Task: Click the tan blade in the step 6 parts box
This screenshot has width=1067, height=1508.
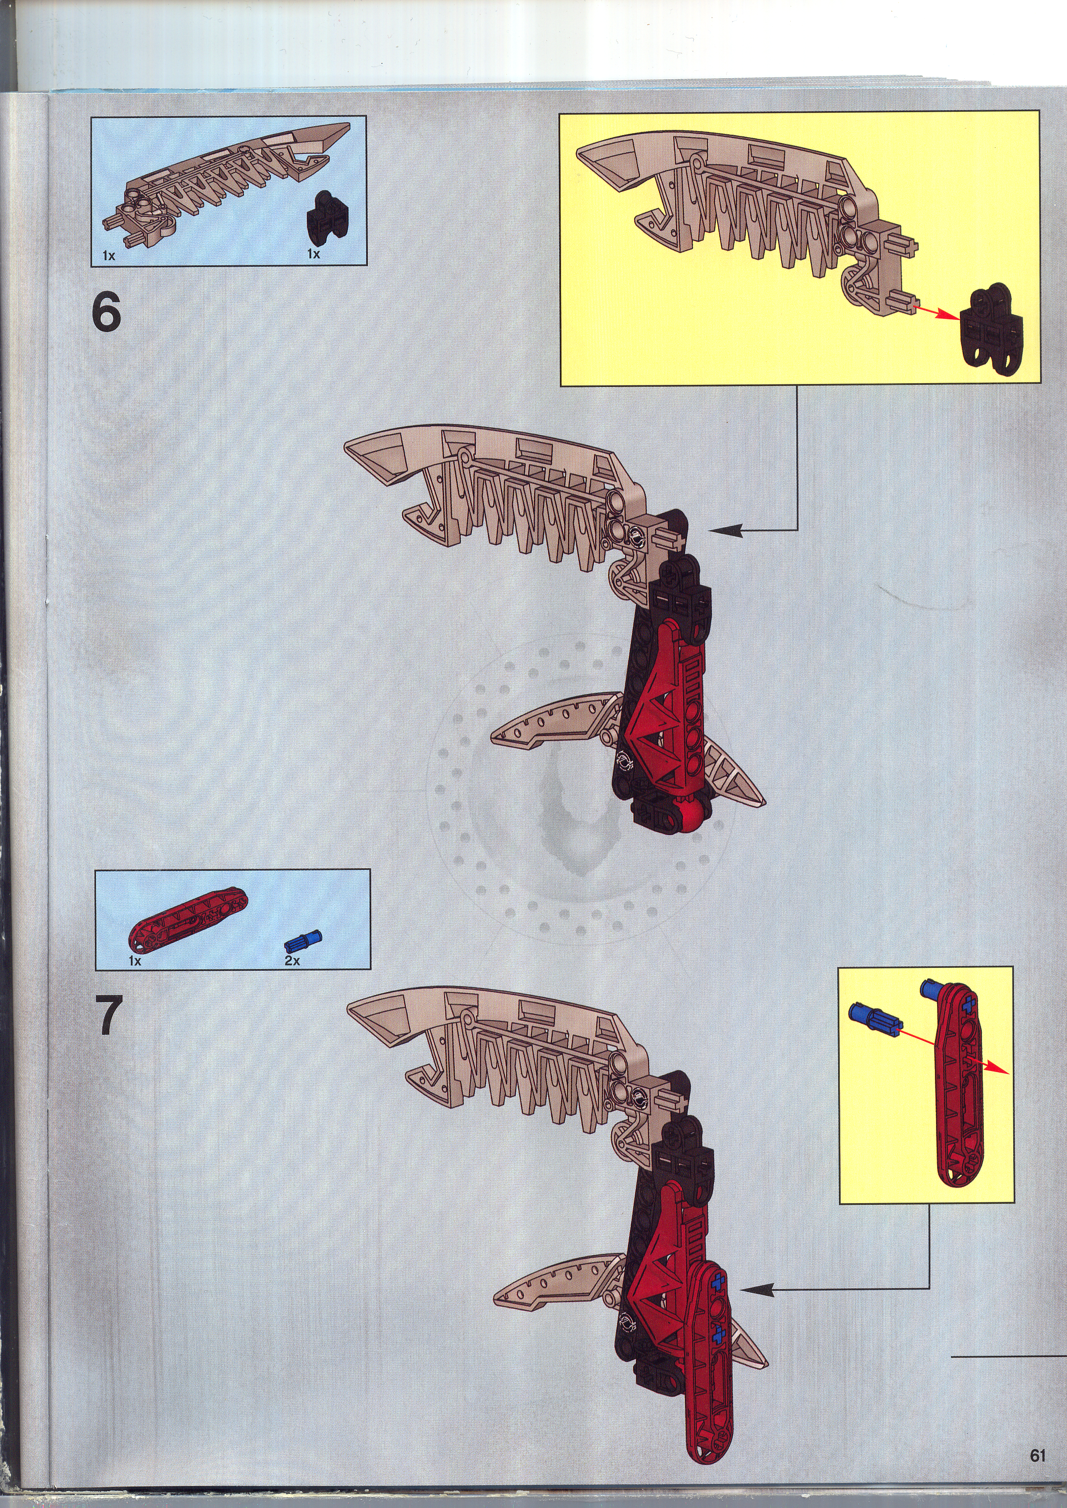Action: (227, 177)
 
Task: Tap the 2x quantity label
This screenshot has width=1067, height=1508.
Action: (292, 960)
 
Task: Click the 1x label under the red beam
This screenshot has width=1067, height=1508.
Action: (135, 960)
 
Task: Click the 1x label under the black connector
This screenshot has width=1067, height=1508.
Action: (313, 254)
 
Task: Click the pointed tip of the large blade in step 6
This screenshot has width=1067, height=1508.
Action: (347, 448)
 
